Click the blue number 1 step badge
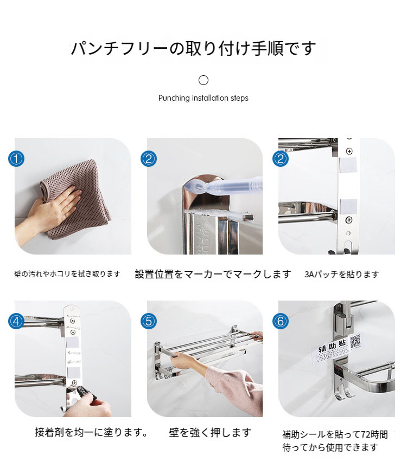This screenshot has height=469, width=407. click(x=16, y=159)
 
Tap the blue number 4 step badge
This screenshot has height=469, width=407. click(x=16, y=321)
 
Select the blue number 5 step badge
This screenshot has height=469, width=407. click(x=149, y=321)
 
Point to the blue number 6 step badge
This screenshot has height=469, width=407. click(x=281, y=321)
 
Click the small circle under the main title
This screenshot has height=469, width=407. click(x=203, y=80)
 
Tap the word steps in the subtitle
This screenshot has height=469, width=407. click(x=239, y=98)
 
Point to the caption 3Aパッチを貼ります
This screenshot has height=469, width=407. click(x=342, y=274)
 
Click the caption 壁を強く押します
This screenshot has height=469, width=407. click(x=210, y=433)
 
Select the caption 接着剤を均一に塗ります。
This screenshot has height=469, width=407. click(x=91, y=432)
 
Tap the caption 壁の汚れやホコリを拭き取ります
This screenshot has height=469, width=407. click(x=67, y=273)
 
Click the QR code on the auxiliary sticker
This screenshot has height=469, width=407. click(x=355, y=341)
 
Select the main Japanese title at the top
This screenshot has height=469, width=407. click(x=193, y=48)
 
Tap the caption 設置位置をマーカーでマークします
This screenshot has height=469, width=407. click(x=213, y=274)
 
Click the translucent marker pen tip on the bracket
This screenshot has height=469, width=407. click(x=192, y=187)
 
